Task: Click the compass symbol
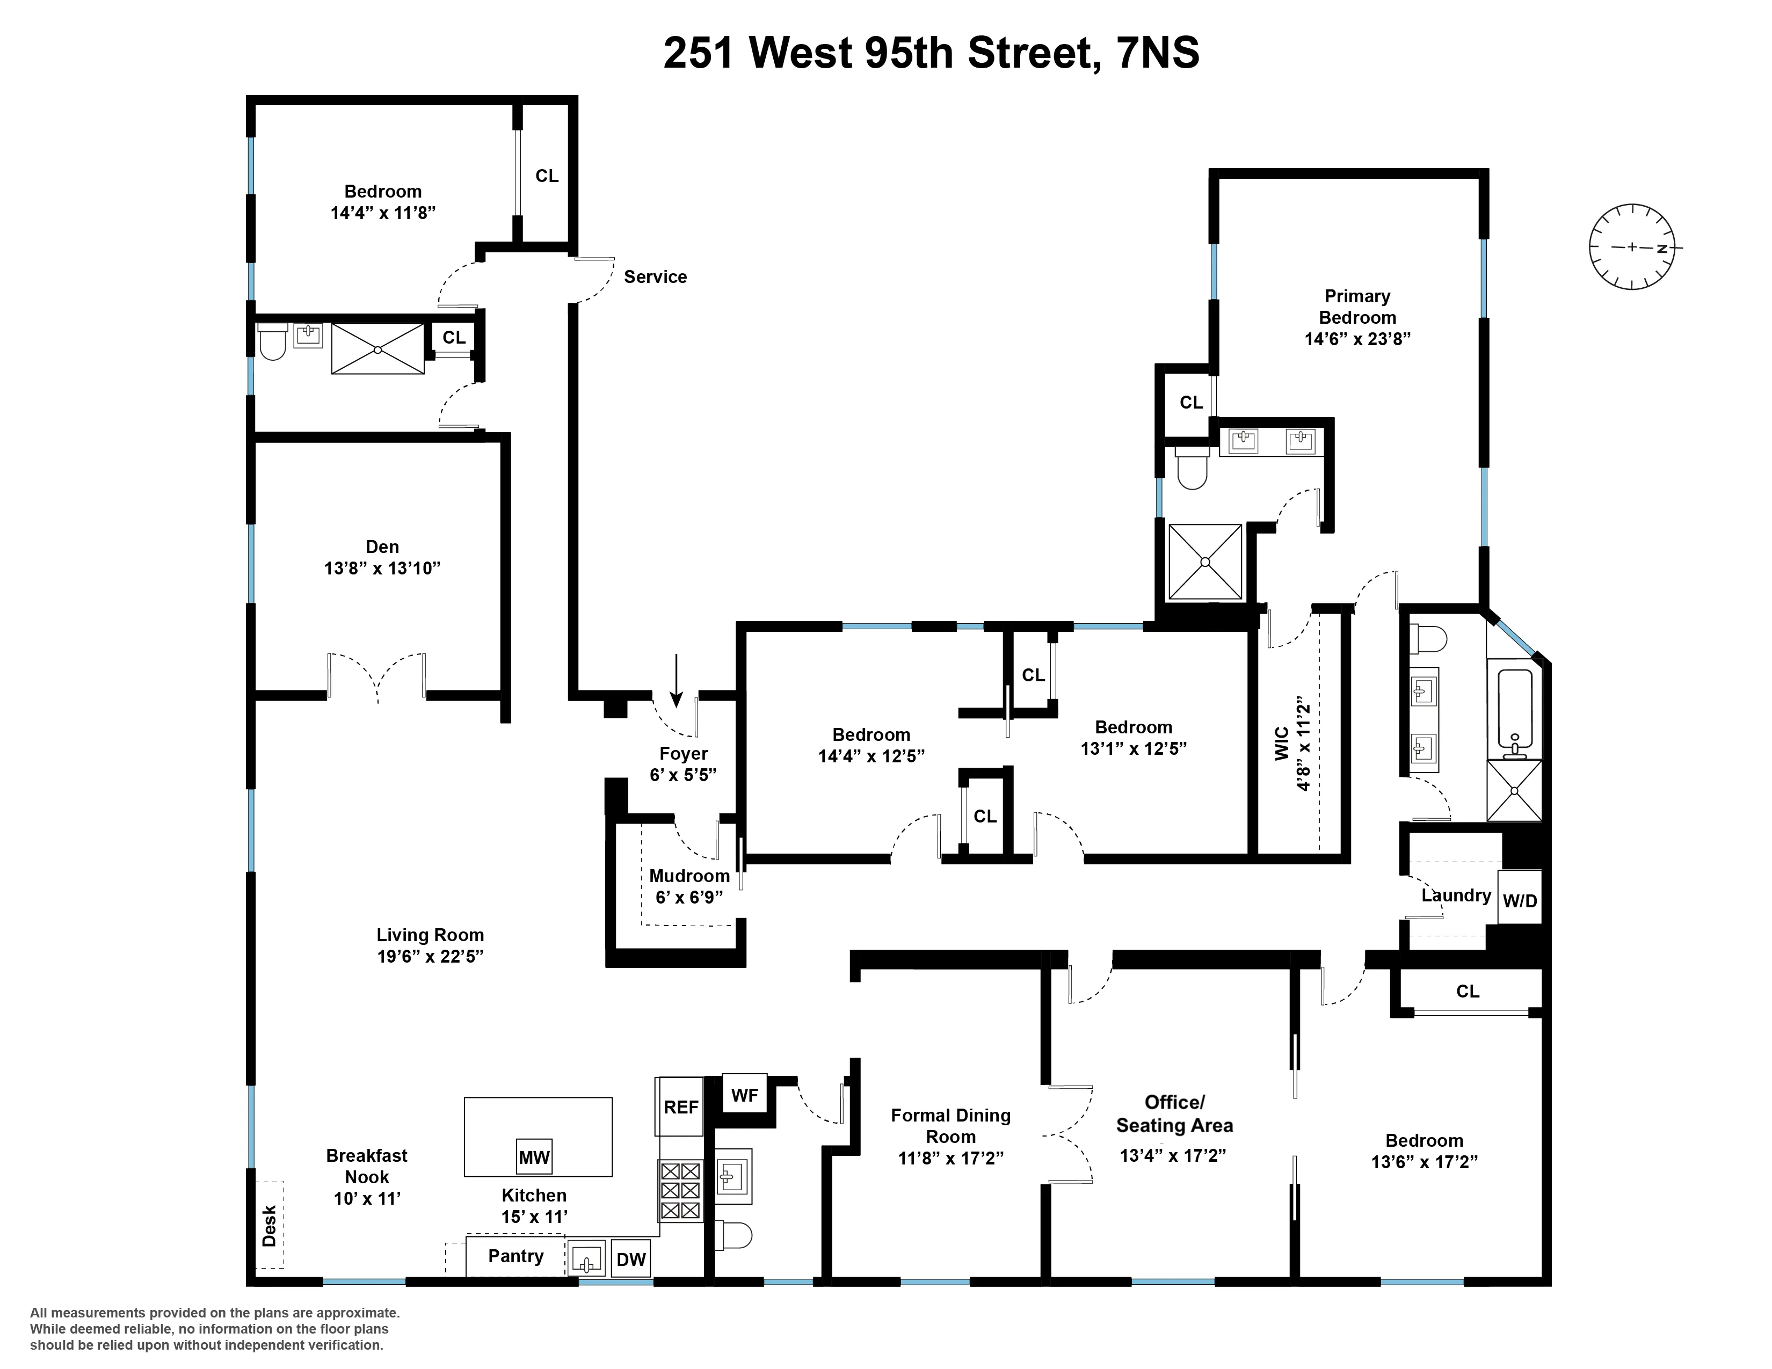click(1632, 247)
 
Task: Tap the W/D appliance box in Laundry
click(1519, 900)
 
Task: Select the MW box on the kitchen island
click(534, 1157)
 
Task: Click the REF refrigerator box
click(680, 1107)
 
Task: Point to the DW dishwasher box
click(630, 1259)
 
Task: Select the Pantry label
click(515, 1256)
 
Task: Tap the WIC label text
click(1282, 743)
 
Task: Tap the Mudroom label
click(689, 876)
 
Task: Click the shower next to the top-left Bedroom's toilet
click(377, 349)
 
